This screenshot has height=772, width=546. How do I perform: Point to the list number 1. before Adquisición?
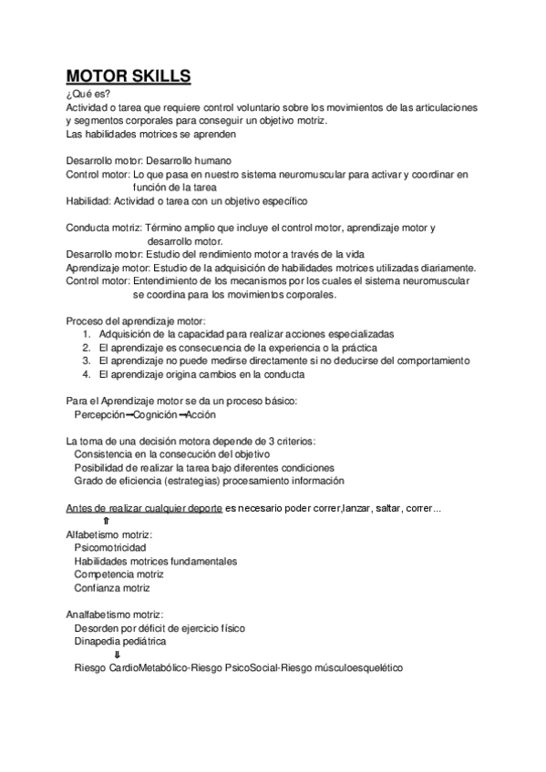pos(86,334)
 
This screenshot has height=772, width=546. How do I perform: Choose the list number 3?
pos(86,361)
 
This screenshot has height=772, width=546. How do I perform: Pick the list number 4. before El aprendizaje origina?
pos(86,374)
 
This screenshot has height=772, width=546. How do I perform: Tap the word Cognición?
pos(151,414)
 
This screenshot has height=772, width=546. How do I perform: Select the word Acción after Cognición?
pos(201,414)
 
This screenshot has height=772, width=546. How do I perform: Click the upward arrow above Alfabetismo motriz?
pos(107,521)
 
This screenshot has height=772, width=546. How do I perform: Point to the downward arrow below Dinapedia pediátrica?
pos(118,655)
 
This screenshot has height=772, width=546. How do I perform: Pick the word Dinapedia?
pos(98,641)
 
